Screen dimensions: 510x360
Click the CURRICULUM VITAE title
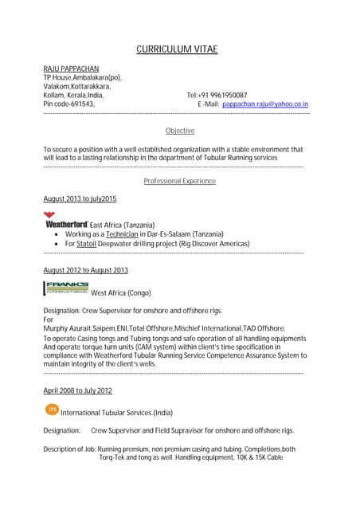click(177, 49)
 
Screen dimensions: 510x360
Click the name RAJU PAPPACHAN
click(71, 69)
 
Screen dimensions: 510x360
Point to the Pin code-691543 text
click(69, 104)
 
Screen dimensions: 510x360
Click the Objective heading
click(179, 131)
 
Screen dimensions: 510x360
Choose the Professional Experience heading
click(179, 182)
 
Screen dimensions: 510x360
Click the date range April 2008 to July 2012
click(77, 391)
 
